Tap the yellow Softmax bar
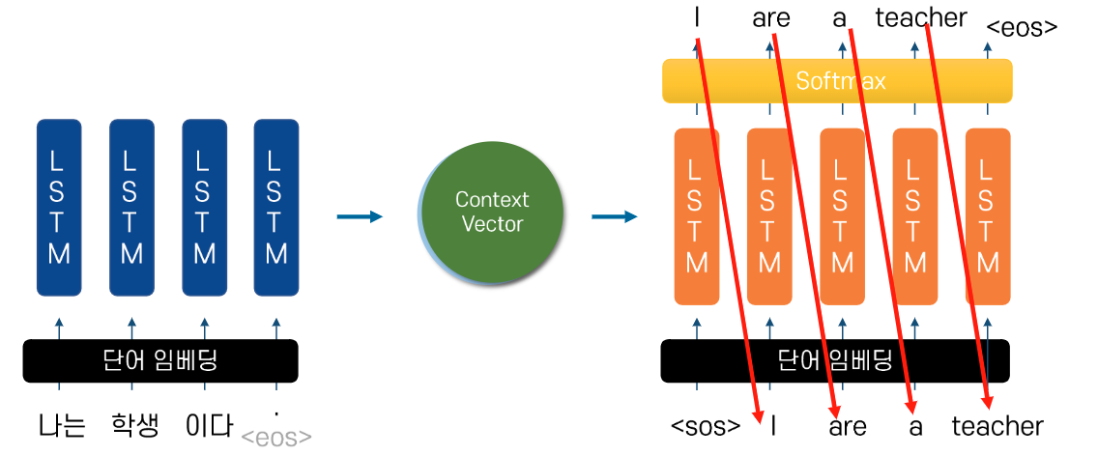[x=837, y=81]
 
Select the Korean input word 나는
[x=62, y=426]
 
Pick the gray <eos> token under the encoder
[x=276, y=438]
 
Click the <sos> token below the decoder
[x=706, y=427]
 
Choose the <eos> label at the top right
[x=1022, y=27]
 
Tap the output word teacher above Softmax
[x=920, y=18]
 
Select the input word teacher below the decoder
[x=997, y=426]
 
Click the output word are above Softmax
[x=769, y=18]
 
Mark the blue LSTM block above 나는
[x=59, y=207]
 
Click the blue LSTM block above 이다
[x=204, y=207]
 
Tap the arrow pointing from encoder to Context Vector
[x=360, y=216]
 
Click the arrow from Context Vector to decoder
[x=615, y=216]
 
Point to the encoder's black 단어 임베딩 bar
[x=160, y=361]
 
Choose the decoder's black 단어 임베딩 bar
[x=835, y=361]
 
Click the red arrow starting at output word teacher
[x=957, y=213]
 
